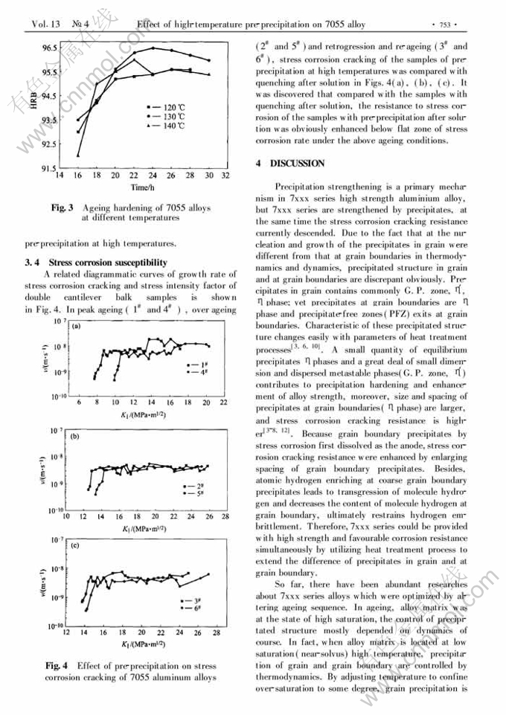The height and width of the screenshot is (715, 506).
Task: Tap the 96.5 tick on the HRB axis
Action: (48, 48)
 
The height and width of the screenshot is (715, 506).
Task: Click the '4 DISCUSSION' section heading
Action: (290, 163)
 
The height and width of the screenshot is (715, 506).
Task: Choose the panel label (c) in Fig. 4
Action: (76, 545)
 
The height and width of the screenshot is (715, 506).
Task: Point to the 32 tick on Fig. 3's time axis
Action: (225, 177)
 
